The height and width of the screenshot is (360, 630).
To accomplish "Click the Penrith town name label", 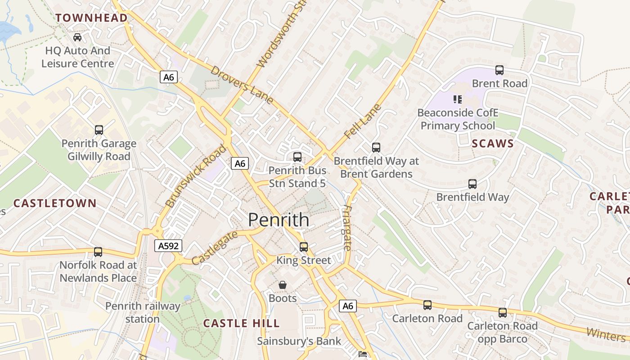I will [279, 220].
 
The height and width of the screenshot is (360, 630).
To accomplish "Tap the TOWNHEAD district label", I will [91, 18].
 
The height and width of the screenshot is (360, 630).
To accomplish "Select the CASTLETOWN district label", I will [55, 203].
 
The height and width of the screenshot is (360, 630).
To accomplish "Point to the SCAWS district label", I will [493, 144].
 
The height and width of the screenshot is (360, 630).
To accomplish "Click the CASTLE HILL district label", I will [241, 324].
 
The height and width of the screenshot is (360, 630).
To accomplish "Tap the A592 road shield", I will [169, 246].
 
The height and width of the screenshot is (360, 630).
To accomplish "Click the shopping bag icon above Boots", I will [283, 285].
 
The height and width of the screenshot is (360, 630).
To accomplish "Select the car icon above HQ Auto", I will [77, 37].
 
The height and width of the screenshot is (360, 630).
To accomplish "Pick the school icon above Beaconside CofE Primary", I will [457, 99].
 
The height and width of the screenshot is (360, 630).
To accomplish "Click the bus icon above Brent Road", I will [499, 70].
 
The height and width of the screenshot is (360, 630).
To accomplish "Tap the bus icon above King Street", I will [304, 247].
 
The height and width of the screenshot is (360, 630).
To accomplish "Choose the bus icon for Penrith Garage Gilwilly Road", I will [99, 130].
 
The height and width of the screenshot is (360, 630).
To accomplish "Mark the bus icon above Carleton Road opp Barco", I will [502, 312].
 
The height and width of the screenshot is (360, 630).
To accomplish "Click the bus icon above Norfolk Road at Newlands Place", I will [98, 252].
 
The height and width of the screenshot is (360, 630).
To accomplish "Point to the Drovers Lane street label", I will [242, 85].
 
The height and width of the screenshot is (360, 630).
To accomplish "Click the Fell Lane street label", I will [362, 121].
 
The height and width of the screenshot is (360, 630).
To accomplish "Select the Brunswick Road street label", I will [196, 176].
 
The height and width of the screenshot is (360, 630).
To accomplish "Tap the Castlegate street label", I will [215, 248].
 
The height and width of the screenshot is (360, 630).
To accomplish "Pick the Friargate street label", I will [347, 228].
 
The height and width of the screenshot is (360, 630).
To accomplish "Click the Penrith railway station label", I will [143, 313].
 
